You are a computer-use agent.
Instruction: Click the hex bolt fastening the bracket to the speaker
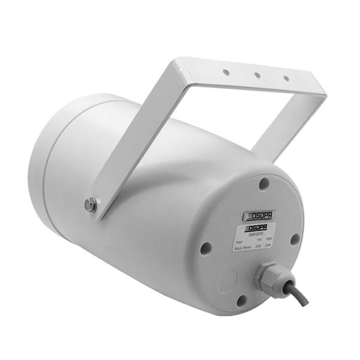[91, 205]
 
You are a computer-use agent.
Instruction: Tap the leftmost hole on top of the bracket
[227, 72]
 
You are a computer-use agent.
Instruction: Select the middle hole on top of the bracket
[256, 76]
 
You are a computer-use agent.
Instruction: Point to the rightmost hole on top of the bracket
[286, 79]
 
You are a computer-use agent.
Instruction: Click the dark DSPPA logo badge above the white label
[258, 215]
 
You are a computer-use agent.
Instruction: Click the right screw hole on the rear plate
[295, 239]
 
